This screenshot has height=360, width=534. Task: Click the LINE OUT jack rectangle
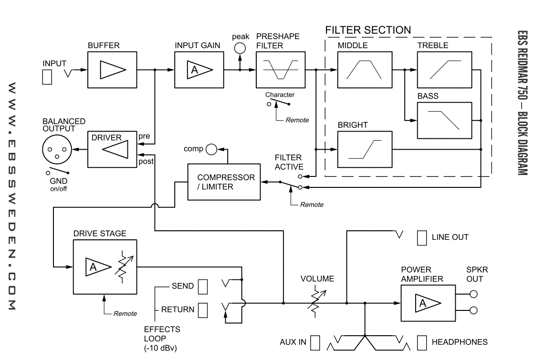tap(422, 238)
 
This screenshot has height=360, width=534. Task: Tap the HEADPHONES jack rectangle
tap(422, 343)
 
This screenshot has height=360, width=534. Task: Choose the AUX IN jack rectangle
tap(315, 343)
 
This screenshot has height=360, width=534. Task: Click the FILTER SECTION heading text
tap(368, 30)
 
